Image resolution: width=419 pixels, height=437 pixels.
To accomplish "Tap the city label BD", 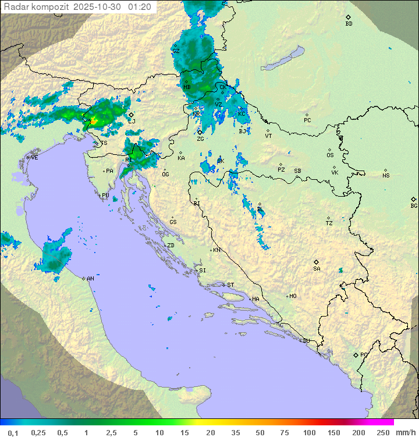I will click(349, 24).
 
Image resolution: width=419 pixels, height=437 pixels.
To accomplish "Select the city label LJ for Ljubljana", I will click(132, 121).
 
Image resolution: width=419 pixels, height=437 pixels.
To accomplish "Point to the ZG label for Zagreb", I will click(200, 139).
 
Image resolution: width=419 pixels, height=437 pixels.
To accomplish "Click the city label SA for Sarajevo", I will click(317, 268).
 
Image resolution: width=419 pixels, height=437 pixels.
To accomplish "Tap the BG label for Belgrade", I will click(414, 205).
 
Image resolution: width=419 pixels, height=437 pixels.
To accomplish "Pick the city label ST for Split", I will click(230, 285).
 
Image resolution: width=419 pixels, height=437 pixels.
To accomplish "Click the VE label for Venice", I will click(34, 157).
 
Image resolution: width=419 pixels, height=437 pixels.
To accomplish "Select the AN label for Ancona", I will click(90, 279).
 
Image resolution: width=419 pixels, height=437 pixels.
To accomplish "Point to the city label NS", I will click(386, 175).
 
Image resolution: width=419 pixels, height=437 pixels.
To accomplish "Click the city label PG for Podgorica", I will click(364, 354).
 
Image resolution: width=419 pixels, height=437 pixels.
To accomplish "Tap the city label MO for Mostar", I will click(293, 296).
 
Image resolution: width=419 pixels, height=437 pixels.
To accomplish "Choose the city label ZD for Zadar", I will click(171, 246).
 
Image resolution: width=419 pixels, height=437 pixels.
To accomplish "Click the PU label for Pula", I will click(105, 196).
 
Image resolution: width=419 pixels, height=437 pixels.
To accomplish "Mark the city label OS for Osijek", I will click(330, 155).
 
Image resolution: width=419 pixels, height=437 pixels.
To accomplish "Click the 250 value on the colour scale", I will click(382, 432).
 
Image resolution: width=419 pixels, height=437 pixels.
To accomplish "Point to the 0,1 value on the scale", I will click(13, 432).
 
